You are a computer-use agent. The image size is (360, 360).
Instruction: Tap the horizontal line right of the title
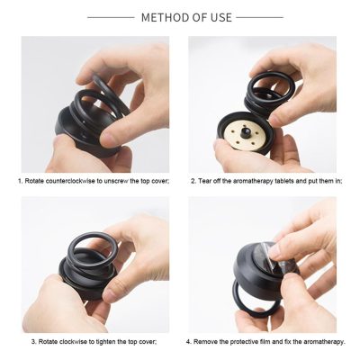pos(260,17)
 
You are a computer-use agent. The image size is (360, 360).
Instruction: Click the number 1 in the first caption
pos(20,180)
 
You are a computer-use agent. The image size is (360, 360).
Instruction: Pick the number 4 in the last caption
pos(188,341)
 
